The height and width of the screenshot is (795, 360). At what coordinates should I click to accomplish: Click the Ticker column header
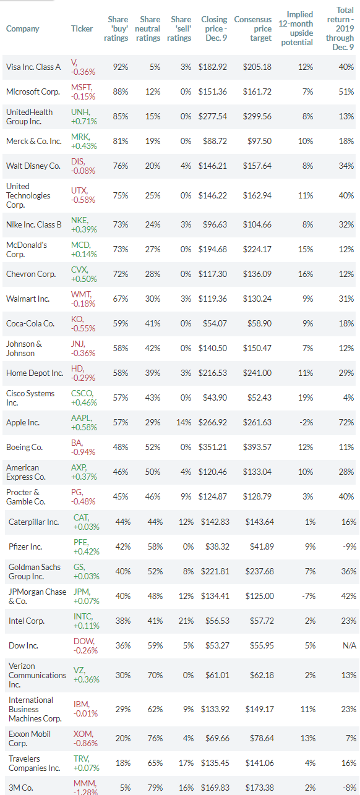(x=82, y=29)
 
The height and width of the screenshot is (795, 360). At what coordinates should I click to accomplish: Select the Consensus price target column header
(x=253, y=29)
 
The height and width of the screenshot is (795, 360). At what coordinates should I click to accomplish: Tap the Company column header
(x=22, y=29)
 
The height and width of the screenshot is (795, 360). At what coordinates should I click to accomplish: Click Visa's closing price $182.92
(x=212, y=67)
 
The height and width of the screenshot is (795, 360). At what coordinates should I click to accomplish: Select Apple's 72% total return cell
(x=346, y=422)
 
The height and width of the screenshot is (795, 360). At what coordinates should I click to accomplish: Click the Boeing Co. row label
(x=24, y=447)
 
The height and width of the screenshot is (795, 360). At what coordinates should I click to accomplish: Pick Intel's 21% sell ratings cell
(x=186, y=621)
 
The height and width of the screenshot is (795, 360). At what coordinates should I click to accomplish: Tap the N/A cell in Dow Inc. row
(x=349, y=645)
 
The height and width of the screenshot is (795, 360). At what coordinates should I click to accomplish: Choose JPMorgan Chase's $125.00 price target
(x=260, y=596)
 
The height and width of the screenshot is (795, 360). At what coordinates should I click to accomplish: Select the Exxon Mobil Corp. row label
(x=30, y=739)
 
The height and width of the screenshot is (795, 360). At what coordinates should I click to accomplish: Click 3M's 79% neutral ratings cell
(x=155, y=788)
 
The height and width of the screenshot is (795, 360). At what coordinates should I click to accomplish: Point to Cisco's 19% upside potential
(x=306, y=398)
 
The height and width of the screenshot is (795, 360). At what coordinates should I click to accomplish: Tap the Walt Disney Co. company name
(x=33, y=166)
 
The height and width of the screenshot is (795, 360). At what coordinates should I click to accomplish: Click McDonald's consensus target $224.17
(x=257, y=250)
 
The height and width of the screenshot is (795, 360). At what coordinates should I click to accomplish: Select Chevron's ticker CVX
(x=80, y=270)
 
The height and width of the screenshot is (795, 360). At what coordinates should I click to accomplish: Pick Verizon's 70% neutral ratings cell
(x=155, y=675)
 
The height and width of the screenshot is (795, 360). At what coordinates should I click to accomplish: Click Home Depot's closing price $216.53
(x=212, y=373)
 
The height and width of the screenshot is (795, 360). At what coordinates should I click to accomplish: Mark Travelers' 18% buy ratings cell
(x=123, y=763)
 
